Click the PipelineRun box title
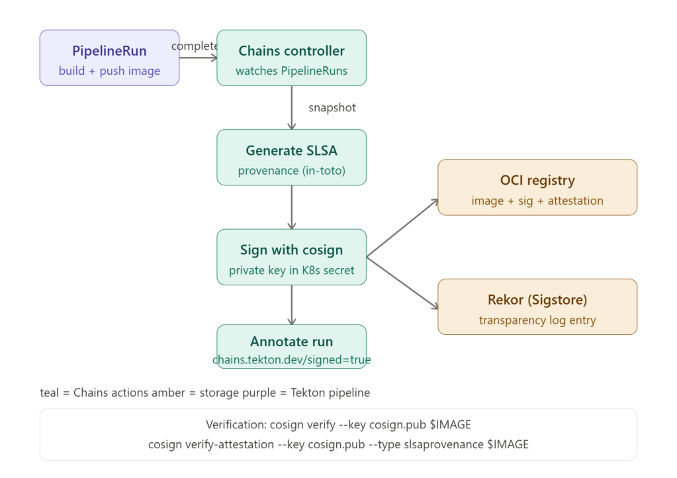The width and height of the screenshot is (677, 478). (109, 51)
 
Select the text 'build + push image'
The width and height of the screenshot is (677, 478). (109, 71)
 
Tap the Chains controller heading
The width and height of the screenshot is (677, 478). (291, 51)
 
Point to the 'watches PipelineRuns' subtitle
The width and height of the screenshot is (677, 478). (291, 71)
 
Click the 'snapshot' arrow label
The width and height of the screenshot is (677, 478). (332, 108)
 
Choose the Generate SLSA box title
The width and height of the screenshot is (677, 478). (291, 151)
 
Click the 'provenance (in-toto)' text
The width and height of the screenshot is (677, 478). (291, 171)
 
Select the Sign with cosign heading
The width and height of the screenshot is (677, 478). (291, 250)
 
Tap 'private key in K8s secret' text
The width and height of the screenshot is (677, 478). (291, 270)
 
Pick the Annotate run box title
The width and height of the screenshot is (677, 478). (291, 342)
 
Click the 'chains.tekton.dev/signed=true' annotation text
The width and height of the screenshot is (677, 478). (291, 360)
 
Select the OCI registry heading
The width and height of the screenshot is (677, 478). (537, 180)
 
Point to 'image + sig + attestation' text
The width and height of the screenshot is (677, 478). (537, 201)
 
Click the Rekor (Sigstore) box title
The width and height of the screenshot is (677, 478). (537, 300)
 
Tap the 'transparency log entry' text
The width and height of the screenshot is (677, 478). (537, 320)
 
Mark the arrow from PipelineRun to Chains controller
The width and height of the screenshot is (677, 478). (198, 58)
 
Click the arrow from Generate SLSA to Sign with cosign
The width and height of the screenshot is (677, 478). (291, 207)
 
